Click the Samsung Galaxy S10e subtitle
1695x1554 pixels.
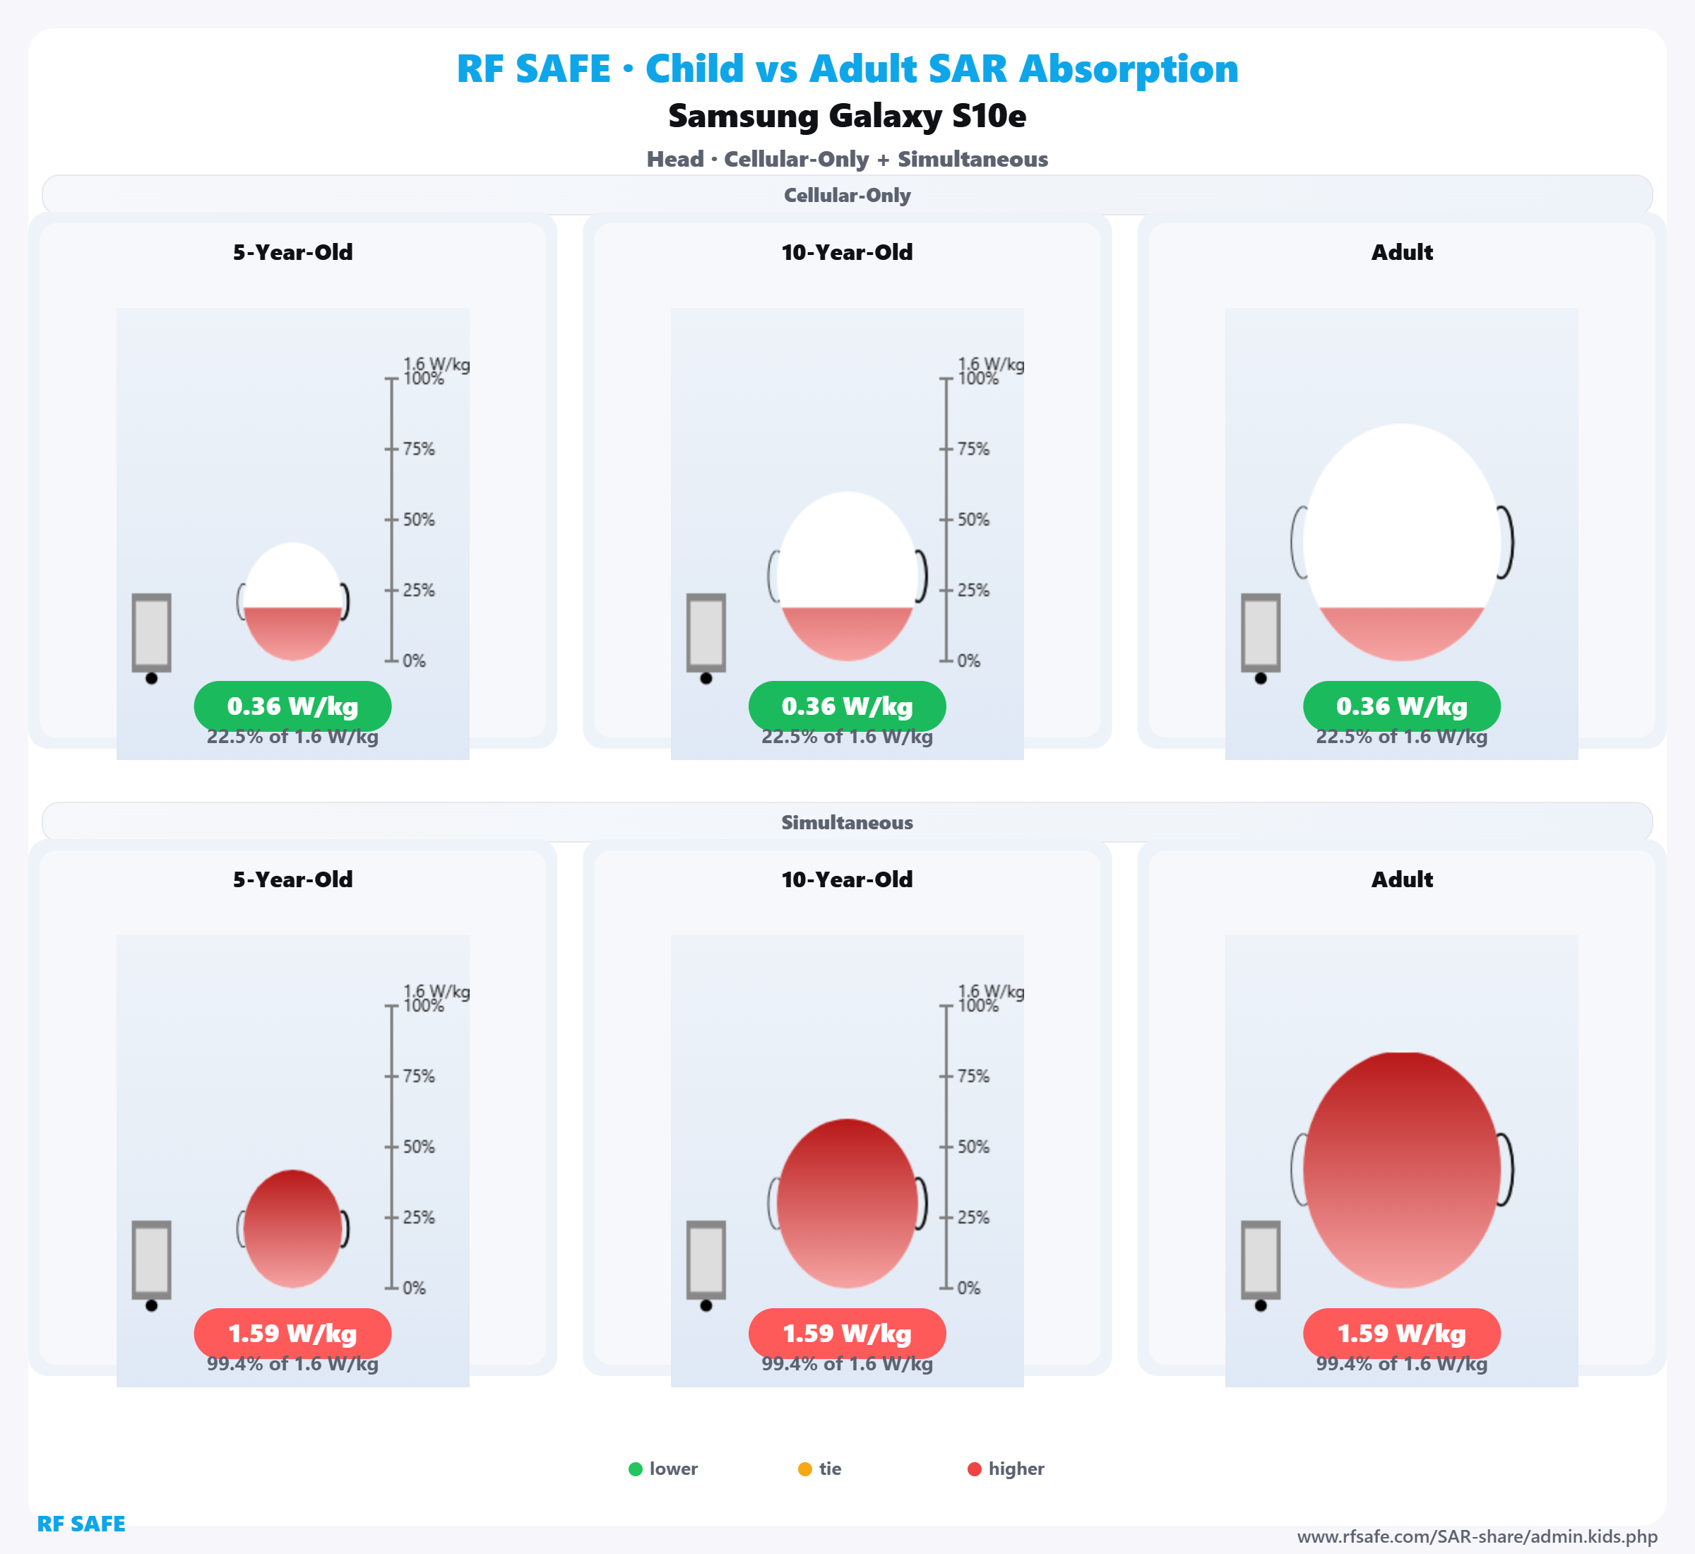[x=847, y=116]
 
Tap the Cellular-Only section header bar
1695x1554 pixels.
[x=847, y=195]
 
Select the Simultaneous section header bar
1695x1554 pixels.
[x=847, y=822]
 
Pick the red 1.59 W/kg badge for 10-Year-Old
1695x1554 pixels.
[x=847, y=1334]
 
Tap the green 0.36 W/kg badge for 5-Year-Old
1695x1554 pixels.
[x=292, y=706]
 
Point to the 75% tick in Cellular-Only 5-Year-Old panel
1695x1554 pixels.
[x=392, y=449]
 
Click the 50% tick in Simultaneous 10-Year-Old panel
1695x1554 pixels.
[x=946, y=1147]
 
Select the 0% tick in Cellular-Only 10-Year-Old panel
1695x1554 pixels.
[x=946, y=661]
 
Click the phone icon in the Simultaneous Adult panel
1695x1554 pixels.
[x=1261, y=1259]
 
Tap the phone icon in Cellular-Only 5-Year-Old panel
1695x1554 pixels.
[x=151, y=632]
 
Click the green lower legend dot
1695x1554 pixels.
[x=636, y=1469]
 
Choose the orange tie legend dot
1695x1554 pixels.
[x=804, y=1469]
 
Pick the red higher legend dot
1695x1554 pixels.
[x=975, y=1469]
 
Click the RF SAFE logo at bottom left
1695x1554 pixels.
[x=81, y=1524]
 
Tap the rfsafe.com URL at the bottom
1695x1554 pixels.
[x=1477, y=1536]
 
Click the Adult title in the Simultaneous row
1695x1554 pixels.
[x=1402, y=879]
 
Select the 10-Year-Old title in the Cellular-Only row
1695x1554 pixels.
[x=847, y=252]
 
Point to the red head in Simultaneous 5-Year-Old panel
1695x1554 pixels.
[x=292, y=1228]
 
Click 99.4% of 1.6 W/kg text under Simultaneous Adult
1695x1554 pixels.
[x=1402, y=1364]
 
